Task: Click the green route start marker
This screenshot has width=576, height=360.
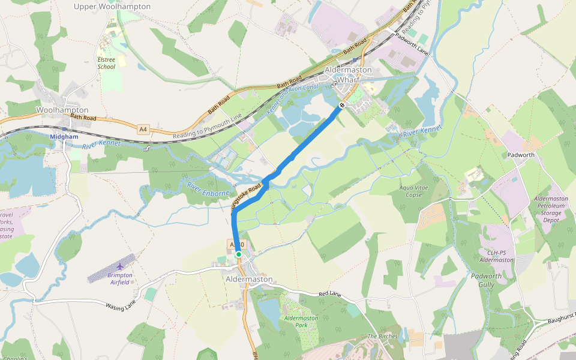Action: coord(238,254)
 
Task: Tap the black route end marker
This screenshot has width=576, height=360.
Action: coord(341,106)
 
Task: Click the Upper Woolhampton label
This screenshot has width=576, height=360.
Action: coord(112,7)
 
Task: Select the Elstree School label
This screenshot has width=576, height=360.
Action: coord(107,63)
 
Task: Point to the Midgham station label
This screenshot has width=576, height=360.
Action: coord(64,137)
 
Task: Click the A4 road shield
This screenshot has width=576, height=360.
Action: coord(143,129)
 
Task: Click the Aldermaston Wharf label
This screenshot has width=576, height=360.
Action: coord(348,74)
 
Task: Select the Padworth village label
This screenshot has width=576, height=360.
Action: coord(521,155)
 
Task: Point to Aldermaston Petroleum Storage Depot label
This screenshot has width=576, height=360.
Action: coord(551,209)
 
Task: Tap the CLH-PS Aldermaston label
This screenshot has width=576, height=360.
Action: coord(497,256)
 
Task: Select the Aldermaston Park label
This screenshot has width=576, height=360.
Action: coord(301,321)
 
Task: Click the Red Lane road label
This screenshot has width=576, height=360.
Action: coord(329,294)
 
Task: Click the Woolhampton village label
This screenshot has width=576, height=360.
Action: coord(62,110)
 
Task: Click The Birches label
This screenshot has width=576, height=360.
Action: coord(382,337)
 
